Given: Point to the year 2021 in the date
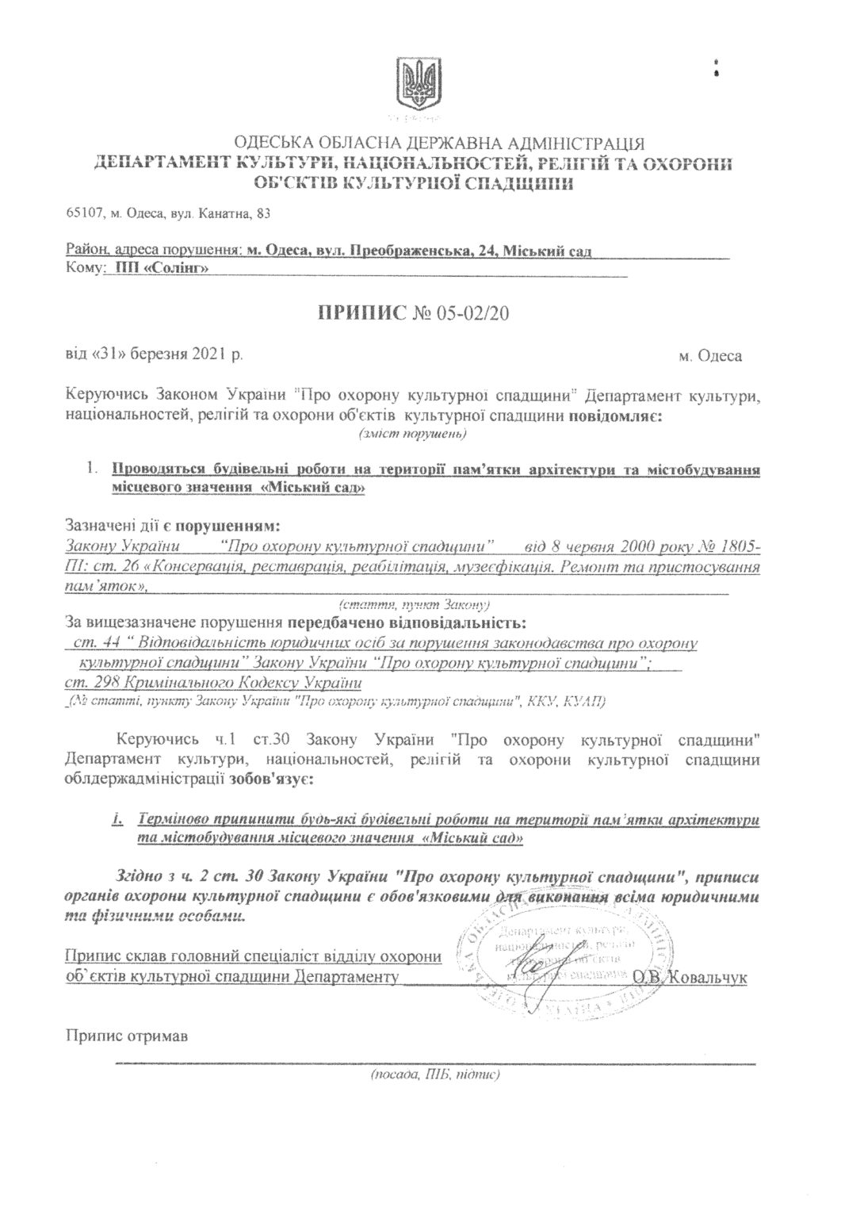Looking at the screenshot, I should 208,354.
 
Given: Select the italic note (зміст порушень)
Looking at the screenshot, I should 412,434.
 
